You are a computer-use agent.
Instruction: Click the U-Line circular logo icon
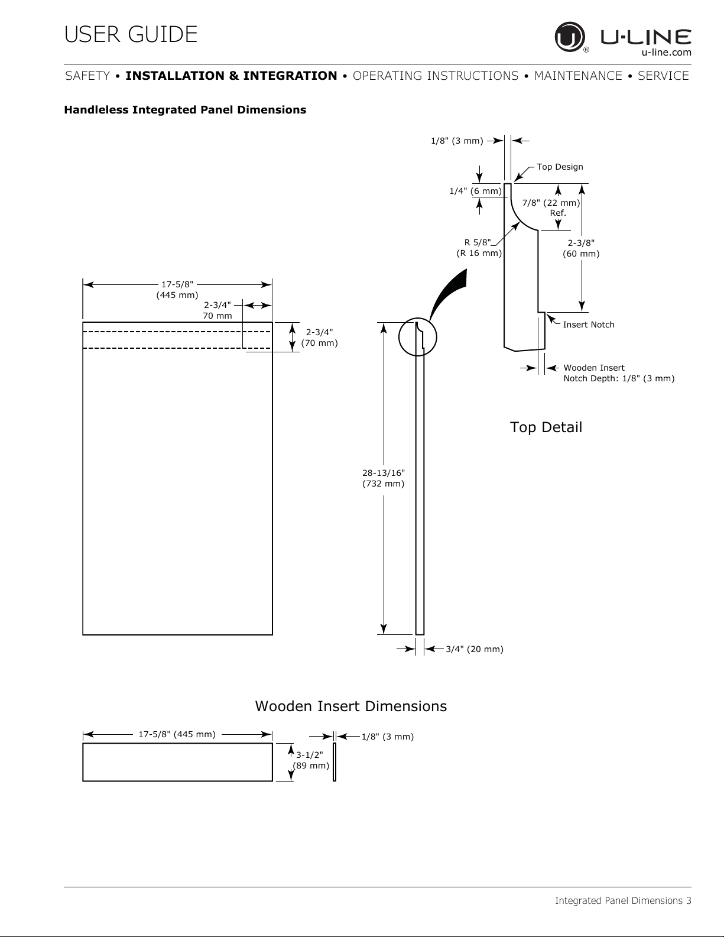(570, 37)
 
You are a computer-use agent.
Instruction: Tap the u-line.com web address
(666, 53)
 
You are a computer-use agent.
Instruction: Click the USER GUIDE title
(131, 34)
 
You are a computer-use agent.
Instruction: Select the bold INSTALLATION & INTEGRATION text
(231, 76)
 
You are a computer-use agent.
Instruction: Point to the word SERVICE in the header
(663, 76)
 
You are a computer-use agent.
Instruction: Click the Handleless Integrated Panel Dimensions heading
(185, 110)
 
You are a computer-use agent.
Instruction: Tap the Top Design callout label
(560, 167)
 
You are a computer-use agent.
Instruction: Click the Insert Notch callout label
(589, 325)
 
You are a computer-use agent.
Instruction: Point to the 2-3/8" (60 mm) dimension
(581, 248)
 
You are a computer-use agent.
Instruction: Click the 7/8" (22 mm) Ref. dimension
(551, 207)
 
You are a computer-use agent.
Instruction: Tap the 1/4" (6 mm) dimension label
(476, 191)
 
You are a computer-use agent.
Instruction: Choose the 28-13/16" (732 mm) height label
(384, 478)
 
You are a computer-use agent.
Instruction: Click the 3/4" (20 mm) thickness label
(475, 649)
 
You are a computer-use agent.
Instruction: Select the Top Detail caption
(546, 427)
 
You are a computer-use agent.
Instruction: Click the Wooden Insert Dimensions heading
(351, 706)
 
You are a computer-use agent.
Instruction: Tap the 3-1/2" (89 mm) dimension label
(311, 760)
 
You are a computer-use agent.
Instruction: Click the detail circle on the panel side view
(398, 337)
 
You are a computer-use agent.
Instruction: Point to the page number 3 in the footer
(689, 900)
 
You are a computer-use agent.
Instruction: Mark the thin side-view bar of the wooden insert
(335, 762)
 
